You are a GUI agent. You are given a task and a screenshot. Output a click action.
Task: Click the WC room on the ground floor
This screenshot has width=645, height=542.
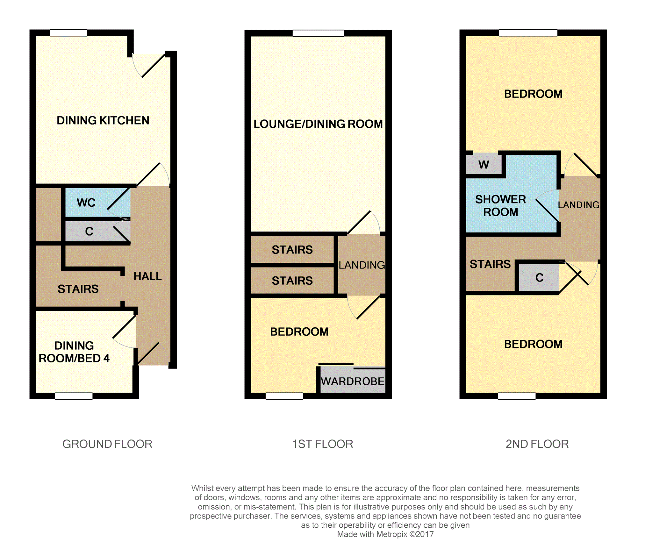tap(98, 203)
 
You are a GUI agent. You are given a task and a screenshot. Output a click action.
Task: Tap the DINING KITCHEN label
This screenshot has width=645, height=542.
tap(103, 120)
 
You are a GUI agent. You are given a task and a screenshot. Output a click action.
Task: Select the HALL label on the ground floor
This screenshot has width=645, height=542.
tap(147, 276)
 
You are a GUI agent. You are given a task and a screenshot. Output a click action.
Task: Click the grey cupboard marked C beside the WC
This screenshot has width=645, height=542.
tap(98, 231)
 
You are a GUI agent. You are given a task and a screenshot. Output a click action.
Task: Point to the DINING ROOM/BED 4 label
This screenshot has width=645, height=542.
tap(74, 352)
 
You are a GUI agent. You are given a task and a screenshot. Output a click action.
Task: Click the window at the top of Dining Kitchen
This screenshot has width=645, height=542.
tap(68, 33)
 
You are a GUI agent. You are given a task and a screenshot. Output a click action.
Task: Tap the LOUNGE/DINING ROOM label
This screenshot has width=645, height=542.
tap(318, 124)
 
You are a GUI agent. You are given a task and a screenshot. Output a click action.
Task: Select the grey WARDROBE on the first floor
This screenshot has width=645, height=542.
tap(353, 380)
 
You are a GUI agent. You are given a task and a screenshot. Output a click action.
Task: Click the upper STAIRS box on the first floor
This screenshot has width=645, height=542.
tap(292, 250)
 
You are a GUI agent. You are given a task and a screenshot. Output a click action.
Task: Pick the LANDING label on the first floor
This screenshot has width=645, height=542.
tap(362, 265)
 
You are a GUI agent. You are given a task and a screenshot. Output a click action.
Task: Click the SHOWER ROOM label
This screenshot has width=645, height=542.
tap(500, 206)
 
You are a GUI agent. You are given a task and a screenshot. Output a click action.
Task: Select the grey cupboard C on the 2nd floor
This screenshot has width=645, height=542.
tap(539, 278)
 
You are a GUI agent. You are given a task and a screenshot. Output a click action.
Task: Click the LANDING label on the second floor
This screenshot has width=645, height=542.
tap(579, 205)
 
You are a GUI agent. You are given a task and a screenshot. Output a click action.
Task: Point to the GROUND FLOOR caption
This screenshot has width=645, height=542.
tap(107, 444)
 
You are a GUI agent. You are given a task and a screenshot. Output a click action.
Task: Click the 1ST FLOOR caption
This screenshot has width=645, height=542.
tap(323, 444)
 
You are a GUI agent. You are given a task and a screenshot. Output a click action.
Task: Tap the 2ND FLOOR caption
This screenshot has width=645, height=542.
tap(537, 444)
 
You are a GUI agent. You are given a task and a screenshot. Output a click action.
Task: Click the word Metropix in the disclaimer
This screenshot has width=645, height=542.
tap(392, 534)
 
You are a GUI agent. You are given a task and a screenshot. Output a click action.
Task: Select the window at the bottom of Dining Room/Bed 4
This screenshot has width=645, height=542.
tap(74, 396)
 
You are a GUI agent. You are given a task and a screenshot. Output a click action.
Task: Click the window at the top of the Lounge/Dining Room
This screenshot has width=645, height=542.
tap(318, 33)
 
